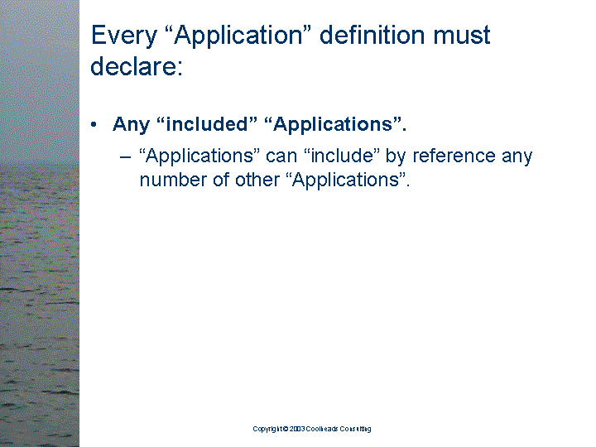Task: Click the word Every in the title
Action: click(x=124, y=36)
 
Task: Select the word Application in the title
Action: click(x=238, y=36)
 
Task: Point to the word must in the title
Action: click(x=462, y=36)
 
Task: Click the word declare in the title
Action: click(x=133, y=66)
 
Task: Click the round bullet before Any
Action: click(x=94, y=124)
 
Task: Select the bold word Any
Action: click(x=131, y=125)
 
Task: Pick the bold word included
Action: click(x=207, y=124)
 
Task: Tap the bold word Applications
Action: click(x=333, y=125)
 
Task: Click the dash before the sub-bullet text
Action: click(x=126, y=156)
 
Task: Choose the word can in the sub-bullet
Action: click(x=281, y=156)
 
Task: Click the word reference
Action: click(x=454, y=156)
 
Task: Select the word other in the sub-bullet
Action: click(x=257, y=180)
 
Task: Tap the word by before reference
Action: click(x=396, y=156)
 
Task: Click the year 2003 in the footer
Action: click(x=297, y=429)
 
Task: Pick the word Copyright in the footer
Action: click(x=268, y=429)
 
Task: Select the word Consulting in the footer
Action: click(x=355, y=429)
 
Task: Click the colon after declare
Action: click(x=180, y=68)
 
